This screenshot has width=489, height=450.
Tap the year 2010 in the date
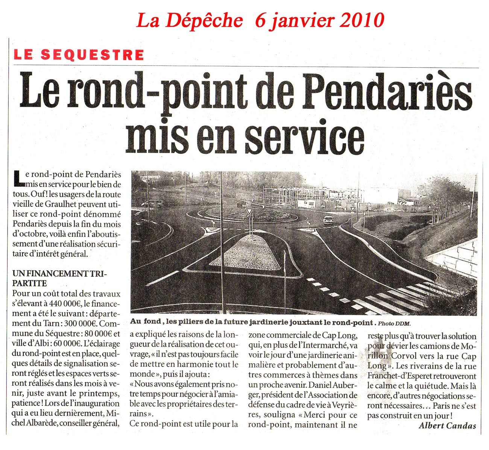pyautogui.click(x=362, y=20)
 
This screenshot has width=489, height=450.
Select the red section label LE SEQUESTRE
pyautogui.click(x=79, y=55)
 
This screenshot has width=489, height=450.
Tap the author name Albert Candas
pyautogui.click(x=447, y=426)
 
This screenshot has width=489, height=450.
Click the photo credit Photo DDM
pyautogui.click(x=395, y=323)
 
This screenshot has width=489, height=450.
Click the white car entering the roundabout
pyautogui.click(x=328, y=220)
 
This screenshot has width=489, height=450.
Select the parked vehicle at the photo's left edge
pyautogui.click(x=152, y=203)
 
